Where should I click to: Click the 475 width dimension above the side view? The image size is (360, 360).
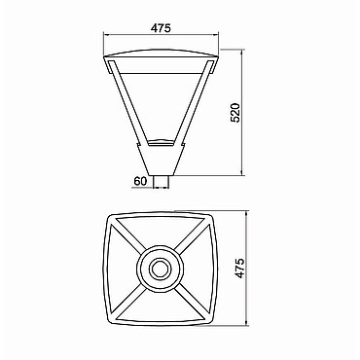click(161, 28)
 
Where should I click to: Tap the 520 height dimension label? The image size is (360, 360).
click(234, 113)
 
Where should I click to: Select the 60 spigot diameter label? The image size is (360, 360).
click(140, 181)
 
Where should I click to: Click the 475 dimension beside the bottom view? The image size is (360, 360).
click(240, 268)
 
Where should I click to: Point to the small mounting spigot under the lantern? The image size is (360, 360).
click(162, 182)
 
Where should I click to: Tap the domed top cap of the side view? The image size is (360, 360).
click(161, 54)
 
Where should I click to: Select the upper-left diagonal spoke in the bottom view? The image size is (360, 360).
click(126, 235)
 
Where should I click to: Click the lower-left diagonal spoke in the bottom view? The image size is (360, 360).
click(126, 302)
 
